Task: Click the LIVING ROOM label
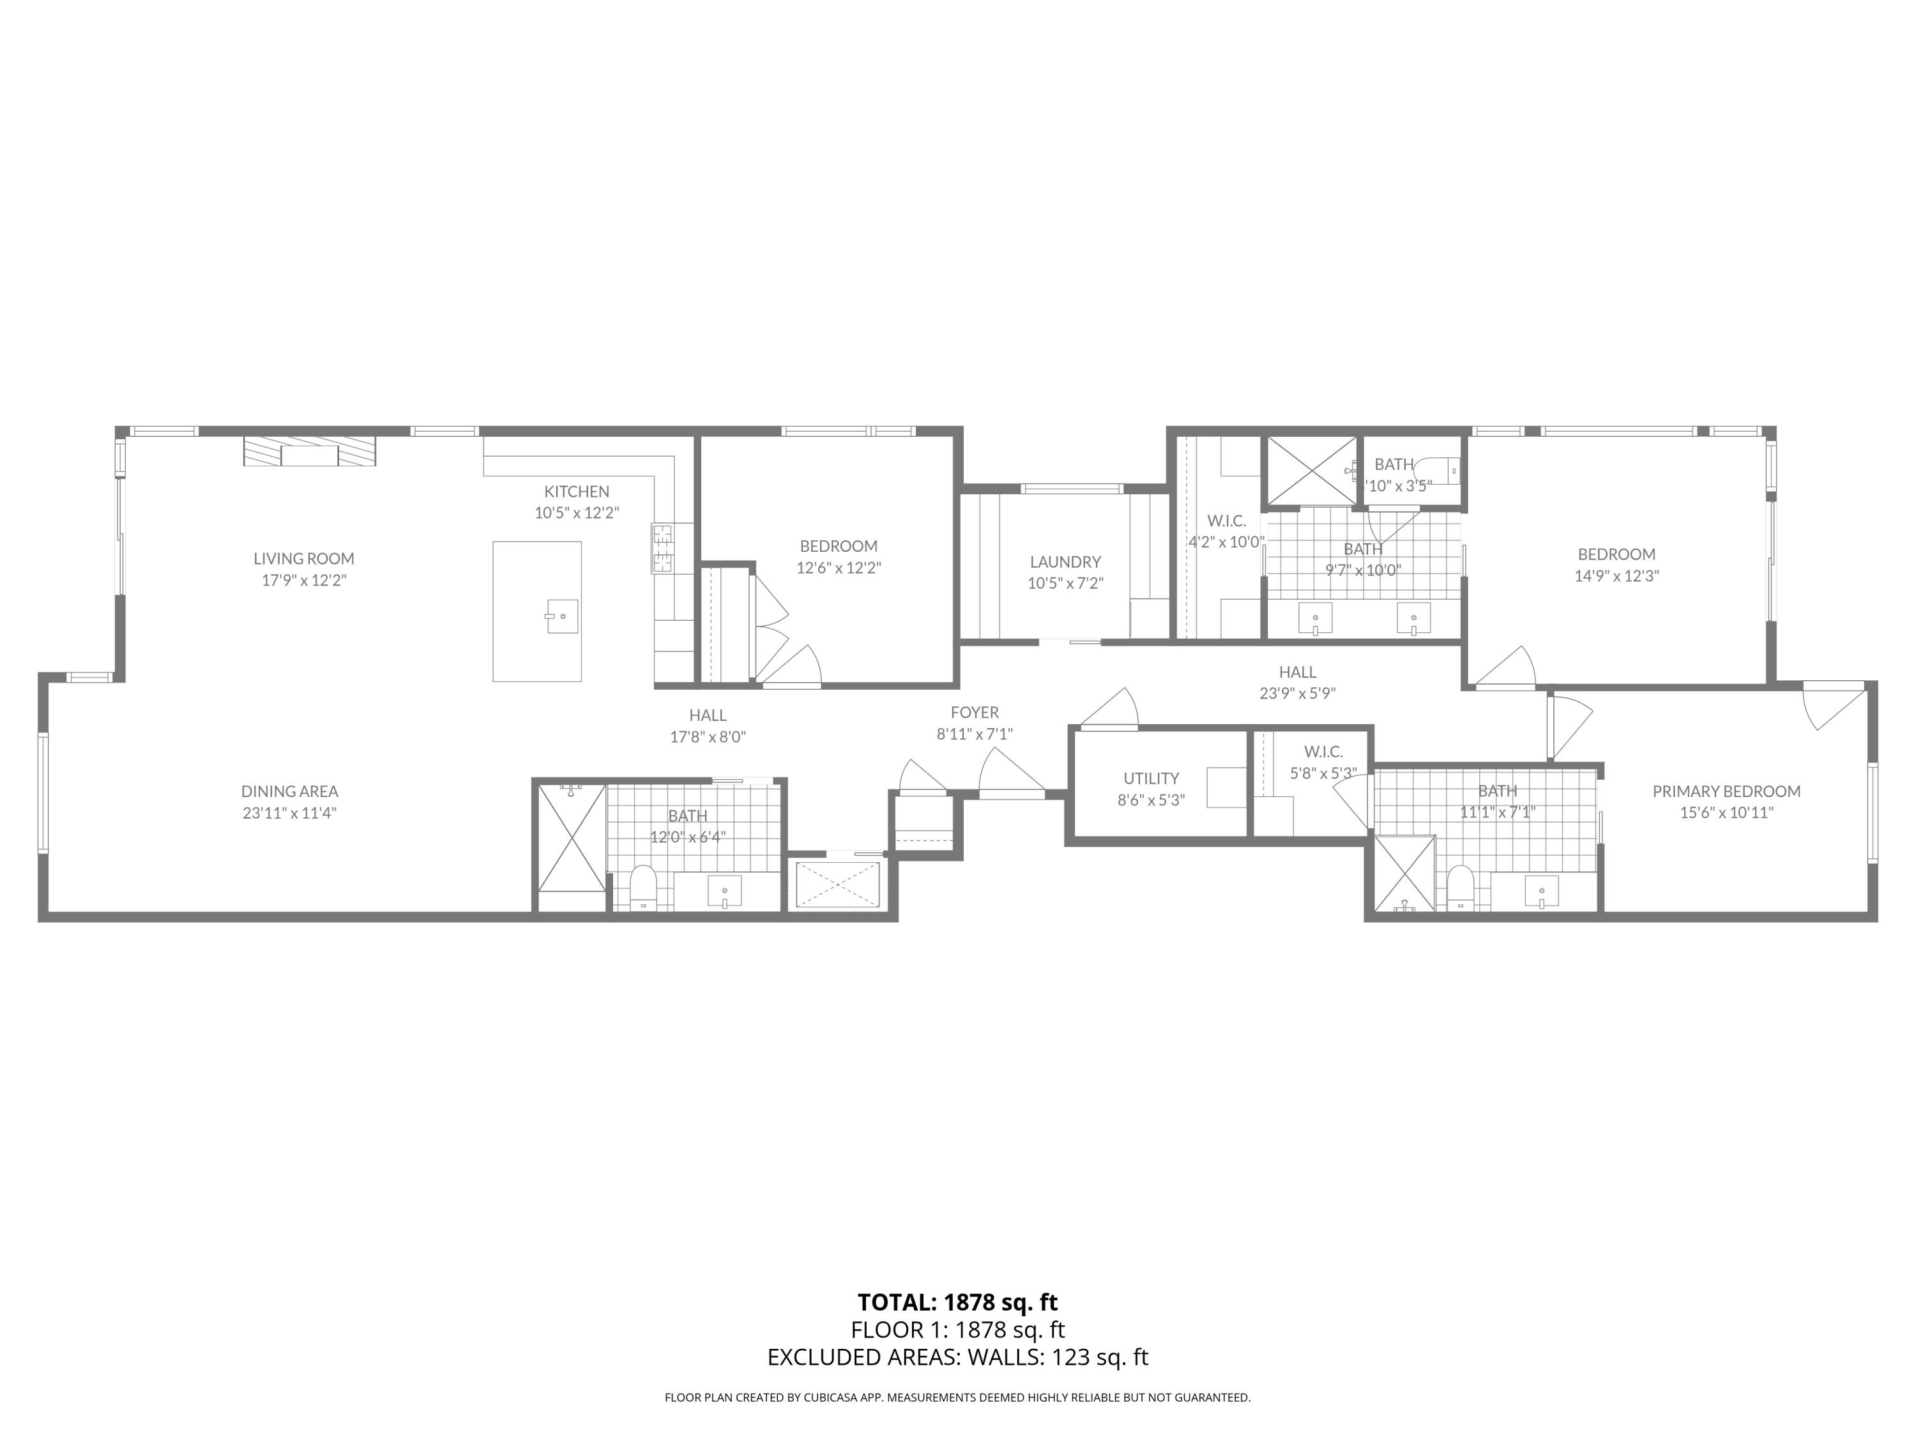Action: click(303, 559)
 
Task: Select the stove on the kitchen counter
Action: click(662, 547)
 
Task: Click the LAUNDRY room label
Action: click(1065, 562)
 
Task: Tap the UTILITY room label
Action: click(1150, 778)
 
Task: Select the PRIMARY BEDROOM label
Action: click(1726, 791)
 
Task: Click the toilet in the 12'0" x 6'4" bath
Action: click(642, 887)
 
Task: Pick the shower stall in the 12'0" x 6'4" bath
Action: click(572, 837)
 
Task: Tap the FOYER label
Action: click(975, 713)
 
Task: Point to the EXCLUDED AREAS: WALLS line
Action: click(957, 1357)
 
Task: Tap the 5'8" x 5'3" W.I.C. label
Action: click(1322, 752)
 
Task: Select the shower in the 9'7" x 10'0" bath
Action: click(1311, 470)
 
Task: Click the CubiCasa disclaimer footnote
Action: click(957, 1397)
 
